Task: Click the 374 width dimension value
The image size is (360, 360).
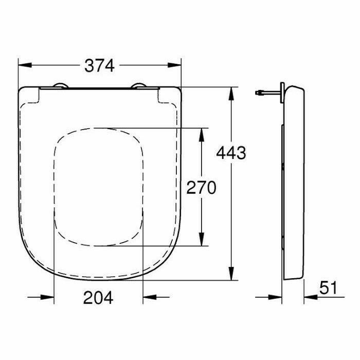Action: pos(99,66)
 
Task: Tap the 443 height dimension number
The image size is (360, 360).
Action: pos(231,153)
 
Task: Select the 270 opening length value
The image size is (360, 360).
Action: pos(202,187)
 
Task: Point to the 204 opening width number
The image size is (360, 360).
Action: pos(98,298)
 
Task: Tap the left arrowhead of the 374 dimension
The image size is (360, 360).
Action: pos(25,65)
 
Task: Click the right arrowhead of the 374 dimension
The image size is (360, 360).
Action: pos(174,65)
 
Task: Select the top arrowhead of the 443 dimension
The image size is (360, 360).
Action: pos(231,94)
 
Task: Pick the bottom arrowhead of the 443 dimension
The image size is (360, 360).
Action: pos(231,274)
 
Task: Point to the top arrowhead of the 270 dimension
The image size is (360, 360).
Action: pos(202,135)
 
